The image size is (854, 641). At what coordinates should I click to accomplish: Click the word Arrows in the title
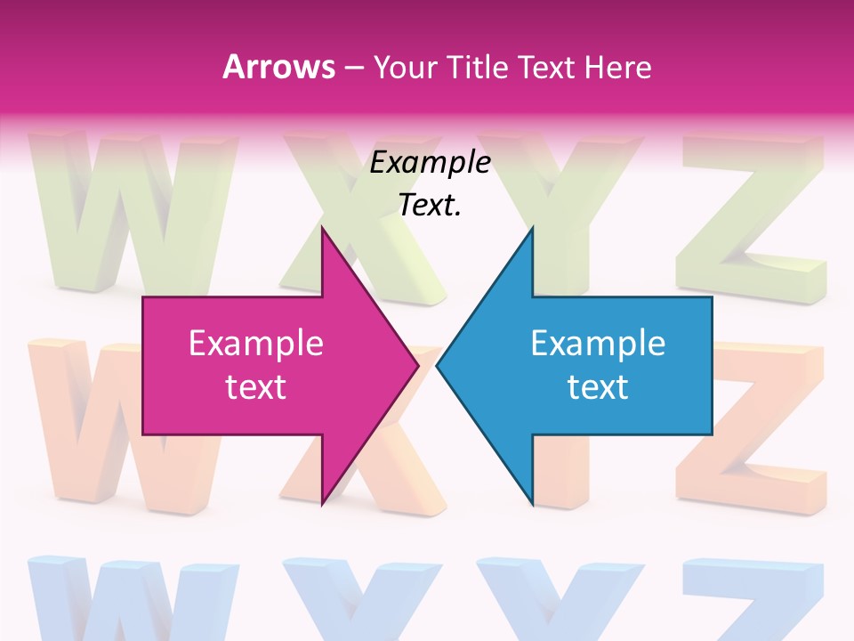tap(278, 67)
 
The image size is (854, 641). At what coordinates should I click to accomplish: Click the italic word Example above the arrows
tap(430, 163)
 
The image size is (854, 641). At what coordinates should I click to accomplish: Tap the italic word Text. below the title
tap(430, 206)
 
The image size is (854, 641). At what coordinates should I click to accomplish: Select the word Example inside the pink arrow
tap(255, 344)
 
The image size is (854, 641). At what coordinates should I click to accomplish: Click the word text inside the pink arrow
tap(255, 387)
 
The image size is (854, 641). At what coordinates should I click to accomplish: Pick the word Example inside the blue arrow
tap(598, 344)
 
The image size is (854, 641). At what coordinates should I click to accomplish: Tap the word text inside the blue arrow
tap(598, 387)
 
